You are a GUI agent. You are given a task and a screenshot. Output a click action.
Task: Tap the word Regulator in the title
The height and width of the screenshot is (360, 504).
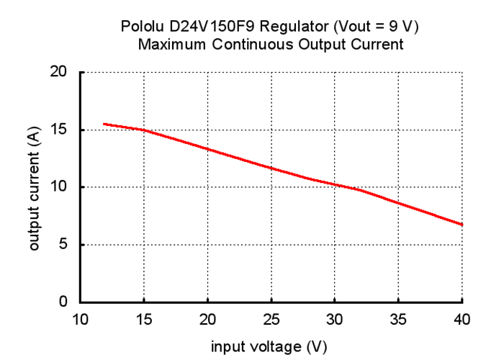[x=293, y=27]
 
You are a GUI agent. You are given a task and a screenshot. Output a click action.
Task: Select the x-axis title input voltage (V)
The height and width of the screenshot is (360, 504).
[x=269, y=346]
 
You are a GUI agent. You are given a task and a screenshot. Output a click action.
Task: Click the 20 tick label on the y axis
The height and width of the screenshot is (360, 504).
[x=59, y=72]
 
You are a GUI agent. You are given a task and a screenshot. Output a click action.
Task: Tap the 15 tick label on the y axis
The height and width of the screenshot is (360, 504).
[x=59, y=130]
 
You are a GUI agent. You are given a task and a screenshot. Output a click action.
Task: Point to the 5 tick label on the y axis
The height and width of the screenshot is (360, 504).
[x=63, y=245]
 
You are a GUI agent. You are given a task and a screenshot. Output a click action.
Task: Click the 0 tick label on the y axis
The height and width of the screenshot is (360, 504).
[x=63, y=302]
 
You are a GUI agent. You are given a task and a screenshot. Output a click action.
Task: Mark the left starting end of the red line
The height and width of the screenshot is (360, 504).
[x=104, y=124]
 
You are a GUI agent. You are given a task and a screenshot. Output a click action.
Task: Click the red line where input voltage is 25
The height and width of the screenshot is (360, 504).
[x=271, y=168]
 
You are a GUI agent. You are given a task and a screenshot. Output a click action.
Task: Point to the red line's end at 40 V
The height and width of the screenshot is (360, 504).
[x=462, y=224]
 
